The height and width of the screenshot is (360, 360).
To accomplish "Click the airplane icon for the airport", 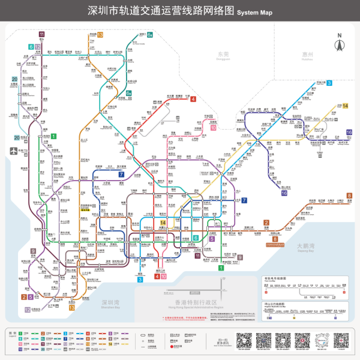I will tap(13, 151).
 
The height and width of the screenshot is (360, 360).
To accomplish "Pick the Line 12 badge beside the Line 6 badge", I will tap(38, 46).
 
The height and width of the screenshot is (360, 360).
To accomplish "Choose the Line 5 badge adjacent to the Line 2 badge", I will tap(31, 296).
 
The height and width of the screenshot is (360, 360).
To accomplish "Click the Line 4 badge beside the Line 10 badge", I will tap(157, 276).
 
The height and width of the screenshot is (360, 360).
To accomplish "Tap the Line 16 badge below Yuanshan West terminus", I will tap(284, 193).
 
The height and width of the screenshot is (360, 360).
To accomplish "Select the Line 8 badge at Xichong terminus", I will tap(349, 196).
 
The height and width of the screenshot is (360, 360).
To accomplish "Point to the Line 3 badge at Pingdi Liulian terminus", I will tap(329, 83).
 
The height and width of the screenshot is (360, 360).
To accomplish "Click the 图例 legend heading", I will tap(12, 331).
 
